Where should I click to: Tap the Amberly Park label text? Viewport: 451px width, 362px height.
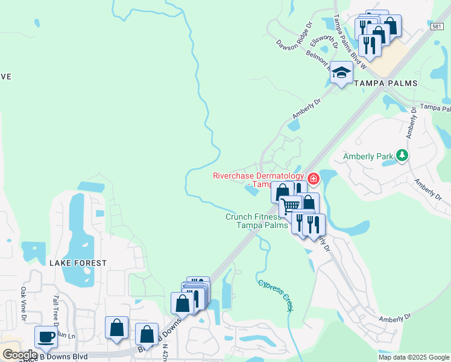(368, 156)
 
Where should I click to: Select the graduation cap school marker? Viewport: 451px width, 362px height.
(342, 73)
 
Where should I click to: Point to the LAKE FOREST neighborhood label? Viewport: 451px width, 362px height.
(78, 263)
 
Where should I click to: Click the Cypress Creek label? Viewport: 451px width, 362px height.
(276, 294)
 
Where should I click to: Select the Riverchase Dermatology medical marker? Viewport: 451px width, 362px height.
(313, 179)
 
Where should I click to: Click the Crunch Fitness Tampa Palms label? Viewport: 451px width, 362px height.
(254, 221)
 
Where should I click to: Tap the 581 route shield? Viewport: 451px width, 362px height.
(438, 27)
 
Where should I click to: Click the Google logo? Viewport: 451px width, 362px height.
(19, 355)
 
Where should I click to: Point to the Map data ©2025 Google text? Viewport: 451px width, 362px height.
(414, 357)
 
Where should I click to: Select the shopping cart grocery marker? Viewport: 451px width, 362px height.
(291, 205)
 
